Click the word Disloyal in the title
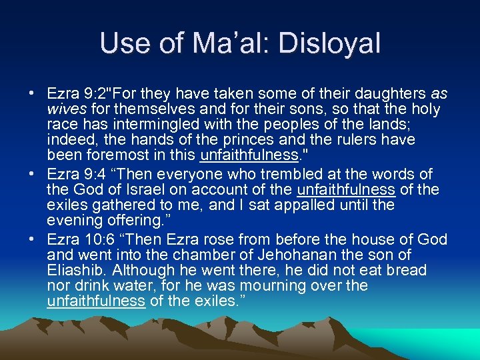[x=331, y=44]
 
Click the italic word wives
[x=65, y=109]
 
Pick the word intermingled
[x=149, y=125]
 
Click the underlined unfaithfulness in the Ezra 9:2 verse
[x=249, y=156]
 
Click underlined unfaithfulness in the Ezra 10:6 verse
[x=96, y=301]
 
